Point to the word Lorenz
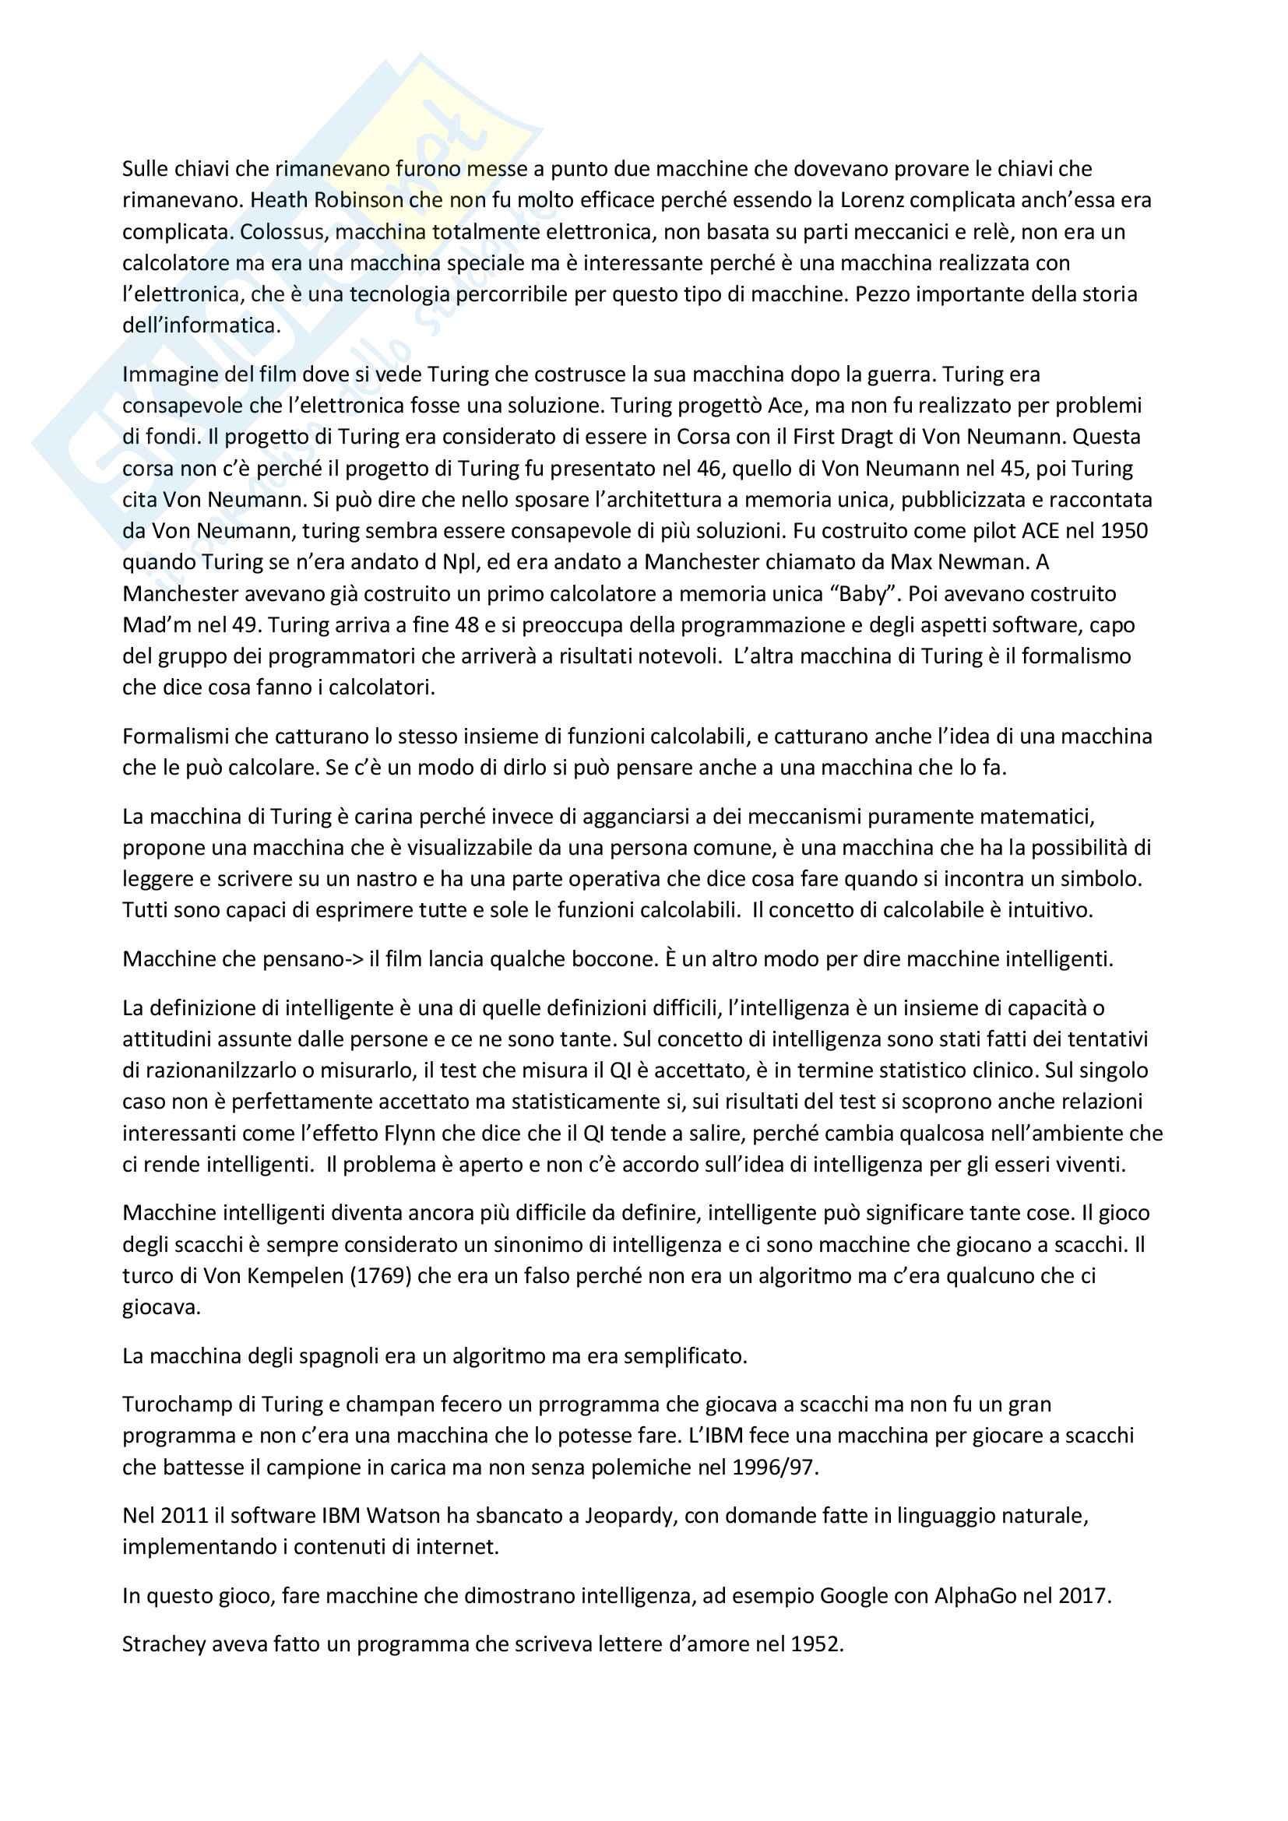click(x=872, y=200)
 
